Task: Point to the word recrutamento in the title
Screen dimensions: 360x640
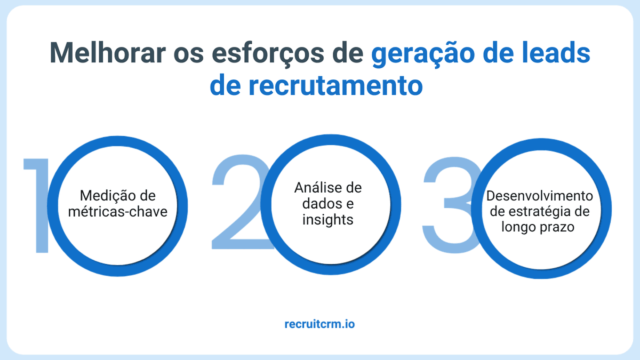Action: coord(335,85)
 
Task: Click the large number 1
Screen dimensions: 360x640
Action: coord(36,205)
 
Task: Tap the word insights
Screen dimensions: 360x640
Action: coord(327,220)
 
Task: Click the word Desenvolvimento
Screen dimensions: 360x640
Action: coord(539,196)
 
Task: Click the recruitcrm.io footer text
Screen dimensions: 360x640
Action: coord(319,324)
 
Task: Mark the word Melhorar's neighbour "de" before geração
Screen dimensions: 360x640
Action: coord(347,53)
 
